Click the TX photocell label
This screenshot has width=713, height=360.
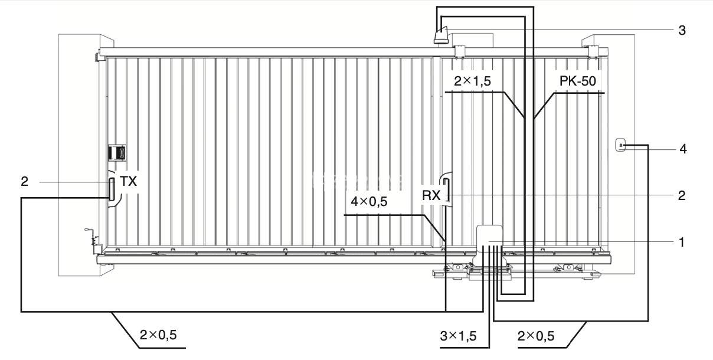[x=128, y=181]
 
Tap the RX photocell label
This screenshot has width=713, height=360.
[x=431, y=195]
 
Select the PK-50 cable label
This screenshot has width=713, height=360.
[x=578, y=81]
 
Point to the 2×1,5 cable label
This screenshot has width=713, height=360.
[x=472, y=81]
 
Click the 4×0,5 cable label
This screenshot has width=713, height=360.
[x=369, y=201]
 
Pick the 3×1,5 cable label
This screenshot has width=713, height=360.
[x=459, y=336]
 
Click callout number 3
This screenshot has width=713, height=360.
[x=682, y=30]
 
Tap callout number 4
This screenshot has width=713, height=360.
[x=683, y=149]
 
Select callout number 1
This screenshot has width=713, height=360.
[x=682, y=242]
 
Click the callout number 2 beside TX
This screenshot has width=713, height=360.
[x=25, y=181]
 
